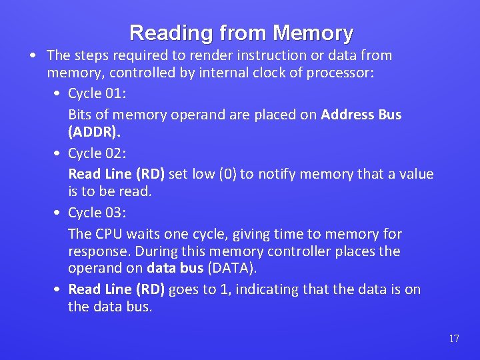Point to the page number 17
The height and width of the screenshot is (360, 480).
(x=454, y=339)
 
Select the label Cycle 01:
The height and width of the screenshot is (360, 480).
(x=98, y=94)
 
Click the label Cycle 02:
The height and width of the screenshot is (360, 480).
(x=98, y=153)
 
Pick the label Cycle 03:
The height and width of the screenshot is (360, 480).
(x=98, y=213)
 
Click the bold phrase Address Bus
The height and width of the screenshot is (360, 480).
(x=361, y=115)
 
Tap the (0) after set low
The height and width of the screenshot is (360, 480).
(x=228, y=174)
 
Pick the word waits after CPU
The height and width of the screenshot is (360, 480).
(x=143, y=234)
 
